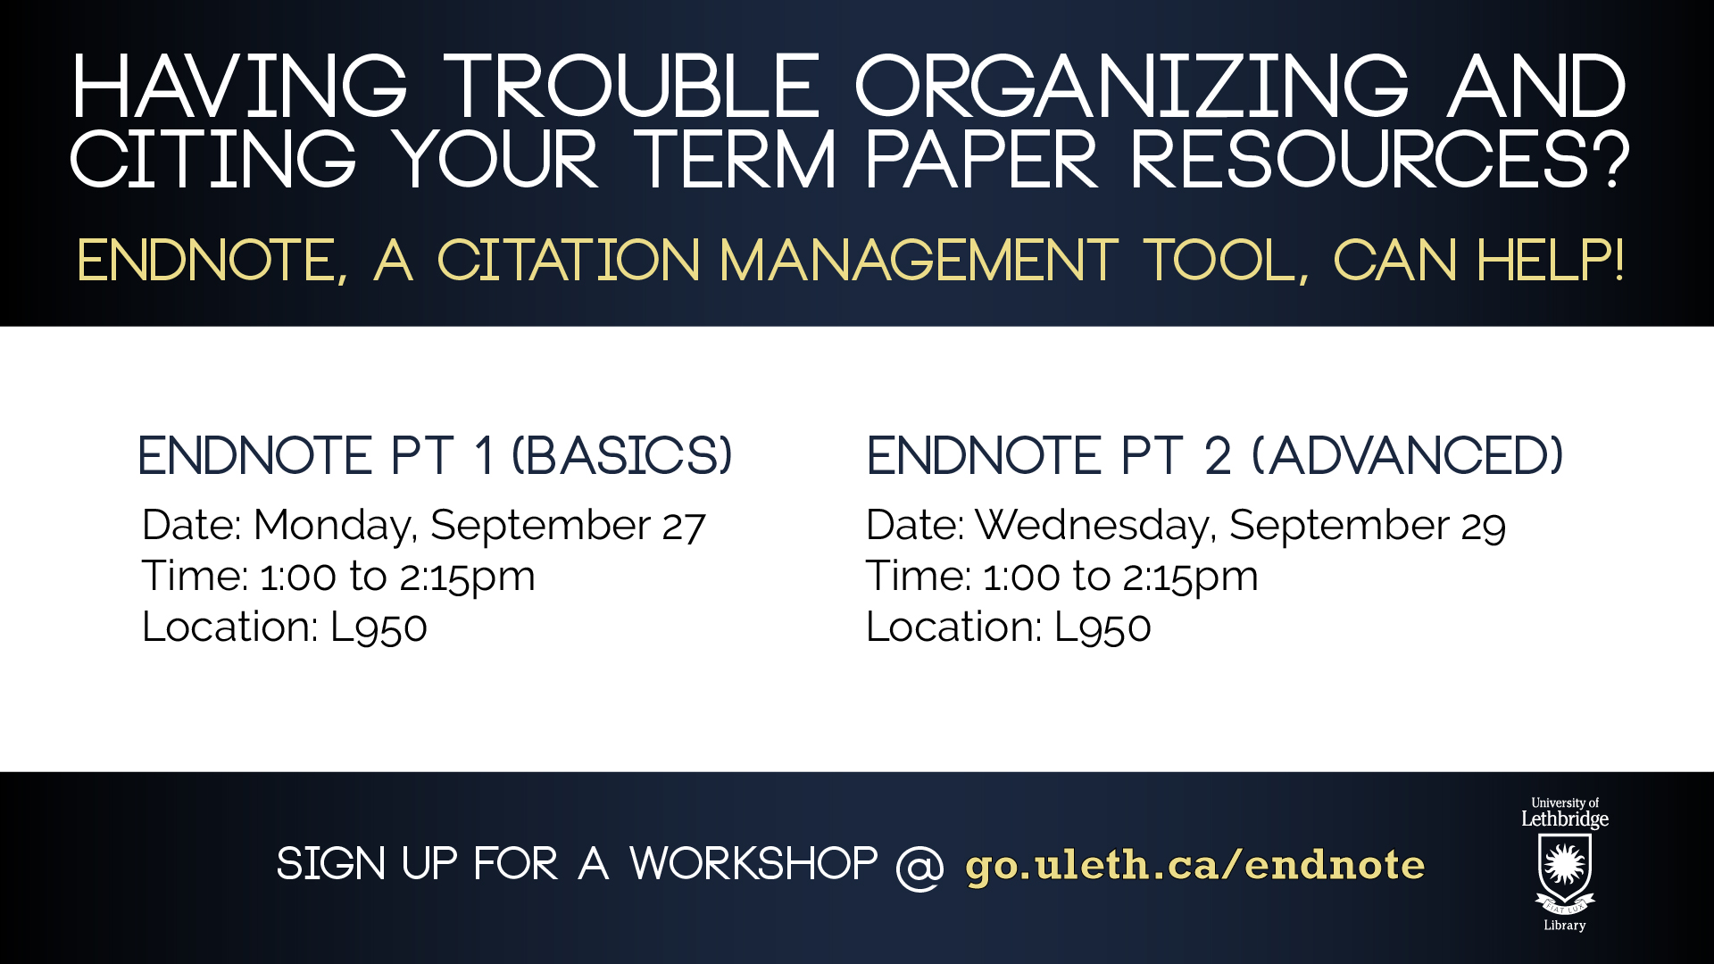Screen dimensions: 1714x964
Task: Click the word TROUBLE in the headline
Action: click(x=632, y=87)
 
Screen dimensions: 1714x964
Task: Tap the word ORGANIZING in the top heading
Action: click(x=1132, y=87)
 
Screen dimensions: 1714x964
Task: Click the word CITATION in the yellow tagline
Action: click(x=568, y=261)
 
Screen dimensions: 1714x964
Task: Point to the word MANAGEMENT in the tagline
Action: click(x=919, y=261)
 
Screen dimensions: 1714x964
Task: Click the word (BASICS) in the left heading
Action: click(x=622, y=456)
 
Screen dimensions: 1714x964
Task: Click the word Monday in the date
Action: click(x=335, y=527)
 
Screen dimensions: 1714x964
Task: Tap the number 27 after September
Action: click(x=684, y=527)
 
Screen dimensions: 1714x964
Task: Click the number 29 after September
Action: click(x=1484, y=527)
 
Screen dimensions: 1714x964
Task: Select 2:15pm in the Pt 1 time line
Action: click(x=467, y=578)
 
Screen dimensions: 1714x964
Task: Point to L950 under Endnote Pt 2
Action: click(x=1102, y=627)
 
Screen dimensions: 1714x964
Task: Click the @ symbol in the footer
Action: click(x=919, y=866)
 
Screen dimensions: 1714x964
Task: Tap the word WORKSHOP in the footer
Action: click(x=753, y=864)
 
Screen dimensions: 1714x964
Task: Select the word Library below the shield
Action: click(x=1565, y=926)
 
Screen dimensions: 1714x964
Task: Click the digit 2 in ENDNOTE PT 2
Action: click(x=1218, y=456)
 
